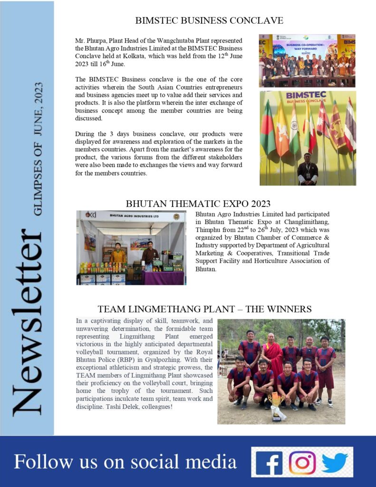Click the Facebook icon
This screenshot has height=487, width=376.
click(x=269, y=462)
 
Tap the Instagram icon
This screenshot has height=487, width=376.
click(x=302, y=462)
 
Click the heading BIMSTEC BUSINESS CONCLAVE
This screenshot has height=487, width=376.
click(x=209, y=20)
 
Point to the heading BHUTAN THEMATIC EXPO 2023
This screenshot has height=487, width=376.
click(x=198, y=204)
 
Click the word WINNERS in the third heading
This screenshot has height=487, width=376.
click(x=289, y=309)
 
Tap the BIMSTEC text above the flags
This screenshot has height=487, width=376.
click(x=306, y=96)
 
